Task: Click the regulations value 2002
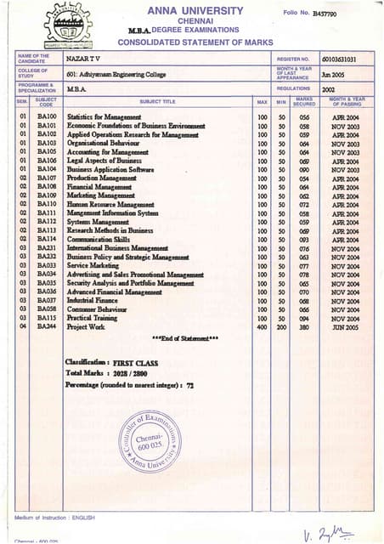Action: pyautogui.click(x=328, y=88)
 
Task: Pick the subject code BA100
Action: pyautogui.click(x=47, y=116)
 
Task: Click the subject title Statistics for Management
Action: pyautogui.click(x=104, y=116)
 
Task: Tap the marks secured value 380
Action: pyautogui.click(x=300, y=327)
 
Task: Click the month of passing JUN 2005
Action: pyautogui.click(x=347, y=327)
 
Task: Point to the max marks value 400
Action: pyautogui.click(x=262, y=327)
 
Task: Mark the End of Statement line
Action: pyautogui.click(x=184, y=339)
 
